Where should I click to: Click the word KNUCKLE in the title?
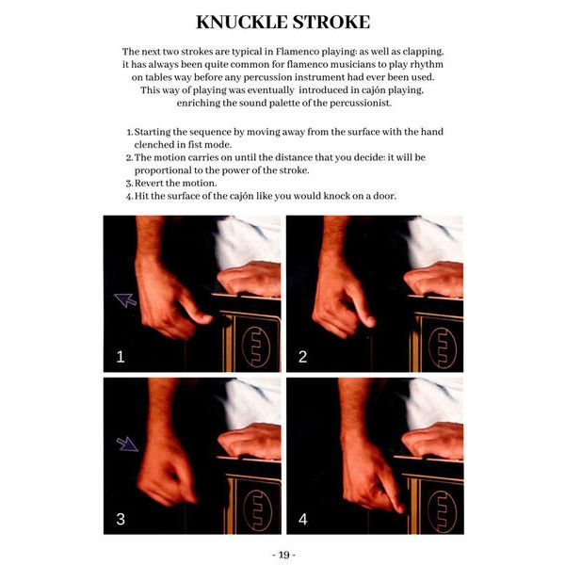coord(242,22)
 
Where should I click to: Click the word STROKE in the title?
coord(331,22)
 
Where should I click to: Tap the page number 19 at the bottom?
coord(284,555)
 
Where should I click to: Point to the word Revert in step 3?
coord(149,183)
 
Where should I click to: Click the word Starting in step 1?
coord(152,132)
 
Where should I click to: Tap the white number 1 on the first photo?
coord(121,357)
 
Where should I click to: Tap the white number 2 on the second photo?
coord(302,357)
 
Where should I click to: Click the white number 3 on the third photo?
coord(121,519)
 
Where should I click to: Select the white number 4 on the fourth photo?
coord(303,519)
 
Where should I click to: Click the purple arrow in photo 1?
coord(125,299)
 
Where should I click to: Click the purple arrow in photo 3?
coord(127,444)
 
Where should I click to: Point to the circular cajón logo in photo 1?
coord(256,347)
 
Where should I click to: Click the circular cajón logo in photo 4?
coord(442,511)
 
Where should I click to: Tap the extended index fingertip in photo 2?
coord(370,321)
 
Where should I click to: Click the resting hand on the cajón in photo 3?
coord(250,441)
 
